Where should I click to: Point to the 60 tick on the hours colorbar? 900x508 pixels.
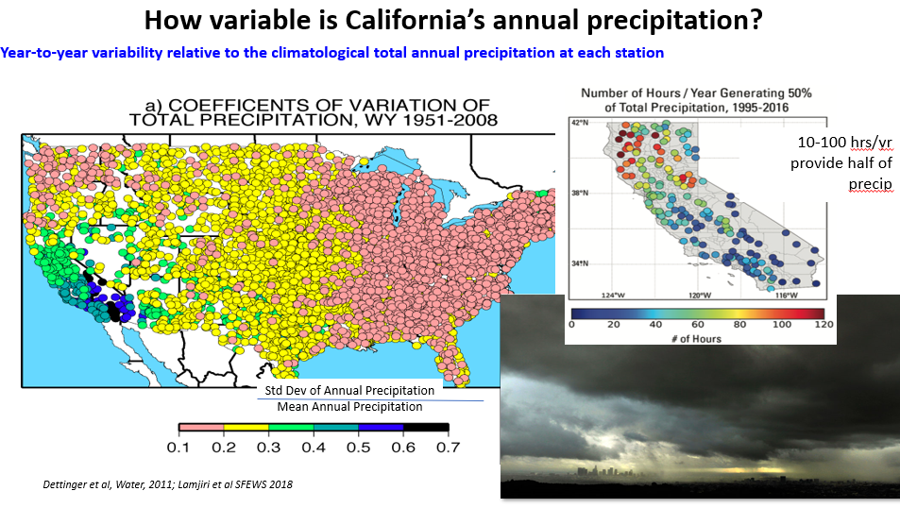[x=695, y=324]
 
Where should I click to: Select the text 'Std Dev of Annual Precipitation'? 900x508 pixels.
[x=348, y=390]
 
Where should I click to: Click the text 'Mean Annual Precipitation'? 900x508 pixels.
[x=349, y=406]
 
